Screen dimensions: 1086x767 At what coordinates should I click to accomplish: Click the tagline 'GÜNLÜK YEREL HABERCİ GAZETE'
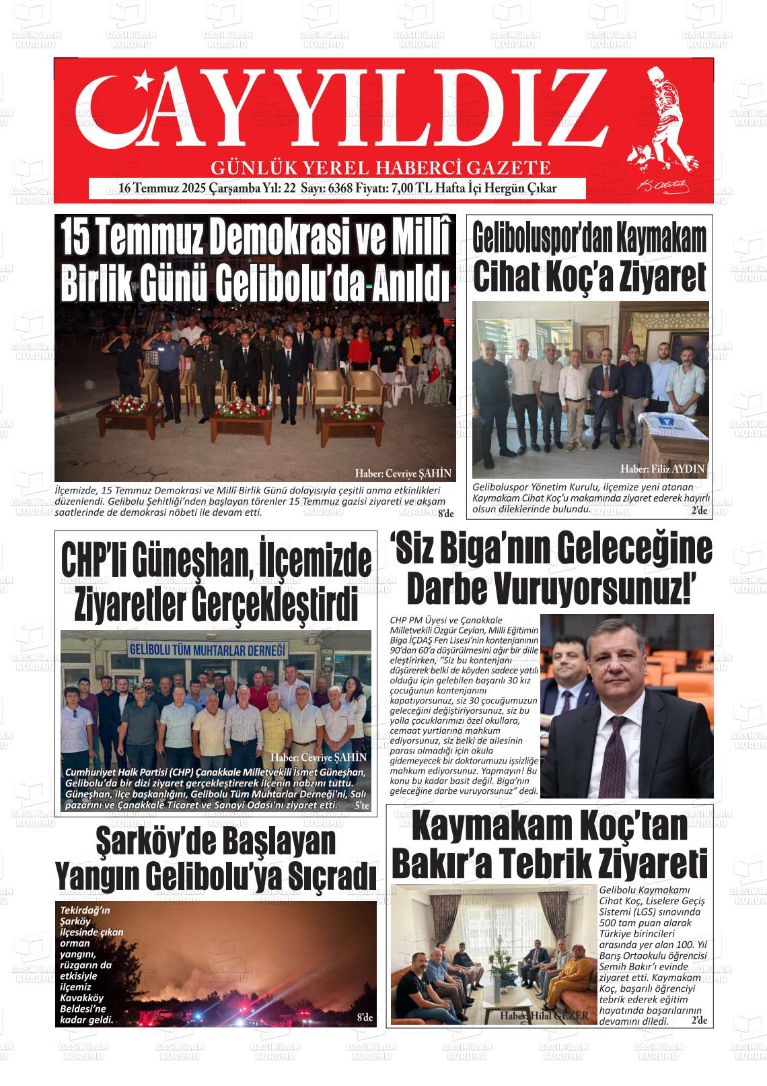(x=381, y=168)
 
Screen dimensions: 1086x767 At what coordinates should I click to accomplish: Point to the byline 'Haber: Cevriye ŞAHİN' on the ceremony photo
(x=402, y=473)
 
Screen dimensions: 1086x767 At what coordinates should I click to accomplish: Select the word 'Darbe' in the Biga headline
(x=447, y=589)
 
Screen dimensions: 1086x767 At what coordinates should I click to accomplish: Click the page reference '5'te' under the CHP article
(x=361, y=805)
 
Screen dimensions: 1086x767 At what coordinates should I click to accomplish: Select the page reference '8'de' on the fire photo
(x=365, y=1017)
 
